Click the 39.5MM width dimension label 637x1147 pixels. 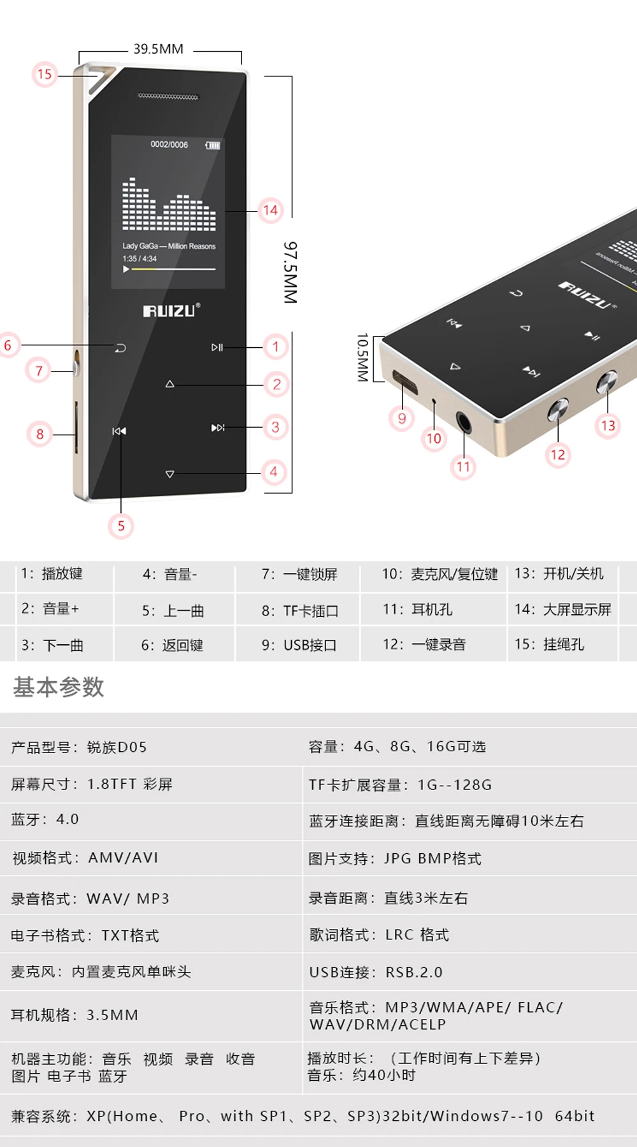158,49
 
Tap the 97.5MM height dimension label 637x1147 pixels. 290,272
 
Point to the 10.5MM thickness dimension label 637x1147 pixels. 362,357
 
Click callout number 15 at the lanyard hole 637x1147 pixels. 44,74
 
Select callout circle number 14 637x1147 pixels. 271,210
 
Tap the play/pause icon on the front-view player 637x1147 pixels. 217,347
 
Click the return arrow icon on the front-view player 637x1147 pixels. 120,348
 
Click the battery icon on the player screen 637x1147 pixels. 213,145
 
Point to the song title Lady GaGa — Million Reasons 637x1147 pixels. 169,246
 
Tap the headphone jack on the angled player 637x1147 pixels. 464,421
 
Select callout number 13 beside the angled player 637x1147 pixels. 608,425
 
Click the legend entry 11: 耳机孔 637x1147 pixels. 418,610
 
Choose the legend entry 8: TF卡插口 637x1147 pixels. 300,611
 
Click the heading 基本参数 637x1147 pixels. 59,687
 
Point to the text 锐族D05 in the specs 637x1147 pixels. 117,747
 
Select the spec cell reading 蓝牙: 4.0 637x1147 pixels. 45,819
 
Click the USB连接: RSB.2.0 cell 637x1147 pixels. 376,972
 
